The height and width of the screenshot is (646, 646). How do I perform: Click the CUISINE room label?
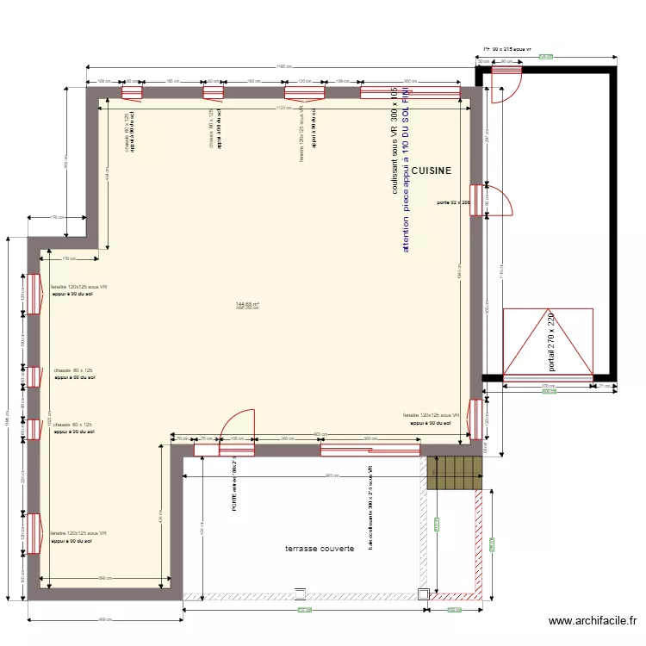[x=431, y=171]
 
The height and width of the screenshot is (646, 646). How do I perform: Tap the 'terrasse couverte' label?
[x=320, y=548]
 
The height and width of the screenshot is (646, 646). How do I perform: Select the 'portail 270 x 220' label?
[x=551, y=343]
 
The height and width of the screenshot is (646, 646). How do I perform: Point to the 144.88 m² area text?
[x=247, y=303]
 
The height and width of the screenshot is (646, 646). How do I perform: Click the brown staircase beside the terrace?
[x=454, y=473]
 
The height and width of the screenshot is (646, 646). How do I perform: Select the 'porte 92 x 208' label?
[x=453, y=203]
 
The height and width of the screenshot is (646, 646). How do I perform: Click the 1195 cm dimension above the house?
[x=282, y=68]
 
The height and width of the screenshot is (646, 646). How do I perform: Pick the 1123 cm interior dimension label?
[x=282, y=108]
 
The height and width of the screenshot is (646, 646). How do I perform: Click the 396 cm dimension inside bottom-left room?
[x=103, y=578]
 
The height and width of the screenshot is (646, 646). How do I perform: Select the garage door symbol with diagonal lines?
[x=548, y=343]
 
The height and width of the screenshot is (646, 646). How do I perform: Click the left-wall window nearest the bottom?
[x=34, y=533]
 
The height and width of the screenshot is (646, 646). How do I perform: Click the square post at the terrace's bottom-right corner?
[x=423, y=593]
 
